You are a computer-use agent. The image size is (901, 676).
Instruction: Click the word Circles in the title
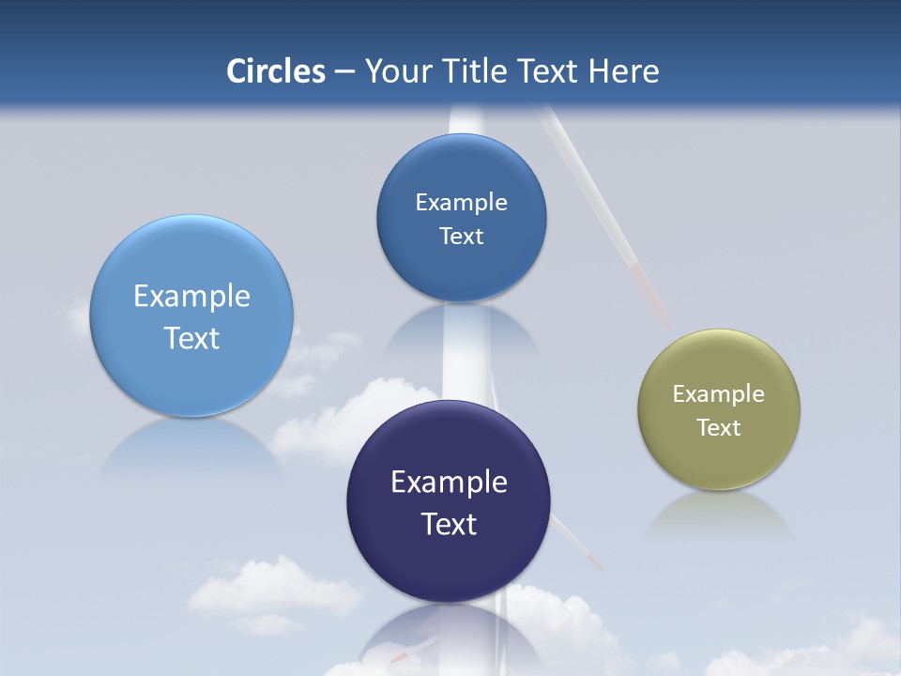(275, 71)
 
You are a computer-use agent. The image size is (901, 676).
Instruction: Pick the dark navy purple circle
(449, 563)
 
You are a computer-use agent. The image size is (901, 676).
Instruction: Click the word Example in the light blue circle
(191, 297)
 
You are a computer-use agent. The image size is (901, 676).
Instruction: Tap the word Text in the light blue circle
(191, 338)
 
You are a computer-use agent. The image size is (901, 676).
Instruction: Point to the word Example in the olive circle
(719, 394)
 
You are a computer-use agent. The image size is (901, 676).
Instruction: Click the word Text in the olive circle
(719, 428)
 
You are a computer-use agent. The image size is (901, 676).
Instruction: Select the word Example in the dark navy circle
(449, 483)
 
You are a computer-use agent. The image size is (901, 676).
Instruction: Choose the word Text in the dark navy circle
(449, 524)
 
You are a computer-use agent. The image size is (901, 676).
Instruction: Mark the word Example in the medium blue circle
(462, 203)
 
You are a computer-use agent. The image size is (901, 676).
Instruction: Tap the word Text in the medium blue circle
(462, 237)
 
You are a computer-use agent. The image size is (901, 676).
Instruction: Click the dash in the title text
(344, 72)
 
